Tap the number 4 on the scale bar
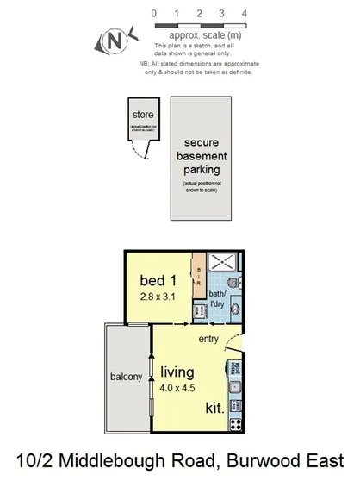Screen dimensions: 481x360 click(x=245, y=14)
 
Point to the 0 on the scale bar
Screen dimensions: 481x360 click(x=153, y=14)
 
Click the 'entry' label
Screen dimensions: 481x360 click(x=208, y=340)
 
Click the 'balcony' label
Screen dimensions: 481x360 click(x=127, y=377)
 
